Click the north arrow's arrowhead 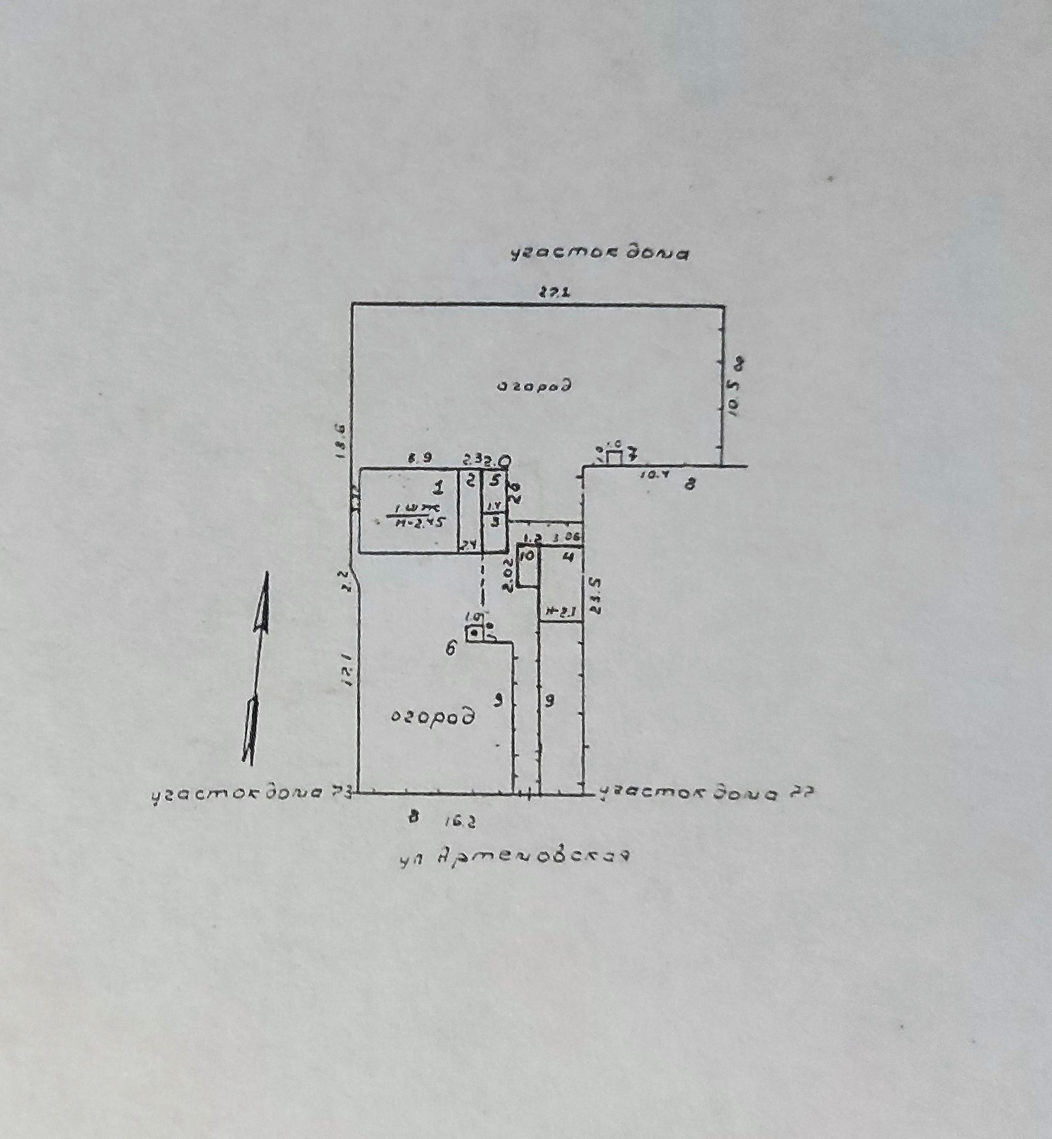tap(264, 601)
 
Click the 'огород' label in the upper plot tap(534, 386)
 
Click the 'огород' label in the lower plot tap(433, 716)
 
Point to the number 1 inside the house tap(438, 487)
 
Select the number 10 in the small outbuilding tap(527, 555)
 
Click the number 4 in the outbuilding tap(568, 557)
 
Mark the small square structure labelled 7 tap(614, 458)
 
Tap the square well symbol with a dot tap(473, 632)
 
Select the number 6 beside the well tap(451, 648)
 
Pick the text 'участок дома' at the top tap(599, 254)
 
